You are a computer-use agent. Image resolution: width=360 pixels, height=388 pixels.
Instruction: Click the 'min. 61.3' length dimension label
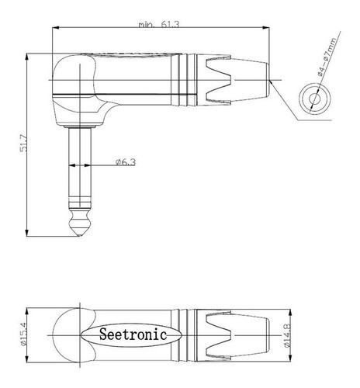(154, 25)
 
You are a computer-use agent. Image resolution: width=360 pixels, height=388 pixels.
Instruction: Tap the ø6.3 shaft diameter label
(125, 162)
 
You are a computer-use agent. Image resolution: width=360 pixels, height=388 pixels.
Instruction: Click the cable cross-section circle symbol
(317, 99)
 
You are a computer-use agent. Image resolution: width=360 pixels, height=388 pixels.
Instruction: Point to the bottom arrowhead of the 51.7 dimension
(29, 230)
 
